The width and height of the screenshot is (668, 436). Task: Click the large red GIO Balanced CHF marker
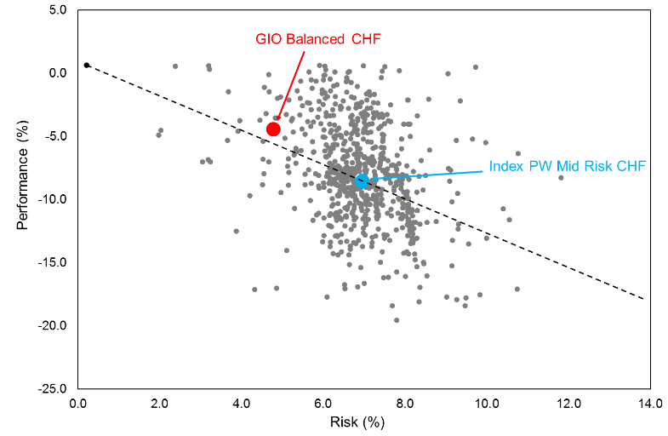273,129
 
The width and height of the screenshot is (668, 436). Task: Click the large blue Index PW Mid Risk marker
362,181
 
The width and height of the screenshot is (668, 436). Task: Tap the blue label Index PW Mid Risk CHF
567,167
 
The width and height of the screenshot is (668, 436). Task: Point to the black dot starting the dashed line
87,65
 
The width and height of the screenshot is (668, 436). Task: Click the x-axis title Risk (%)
363,422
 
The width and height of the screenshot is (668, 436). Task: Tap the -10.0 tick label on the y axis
53,199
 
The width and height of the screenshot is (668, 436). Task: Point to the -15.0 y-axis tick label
53,262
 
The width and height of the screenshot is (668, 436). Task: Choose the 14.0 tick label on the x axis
650,404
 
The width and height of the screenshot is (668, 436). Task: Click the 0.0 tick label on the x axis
78,404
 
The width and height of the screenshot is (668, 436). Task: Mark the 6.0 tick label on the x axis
323,404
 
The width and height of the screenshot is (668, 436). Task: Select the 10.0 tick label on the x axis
487,404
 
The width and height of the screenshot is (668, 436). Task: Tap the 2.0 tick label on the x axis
160,404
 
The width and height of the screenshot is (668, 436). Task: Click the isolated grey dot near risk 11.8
561,177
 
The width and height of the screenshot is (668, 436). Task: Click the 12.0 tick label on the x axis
568,404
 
